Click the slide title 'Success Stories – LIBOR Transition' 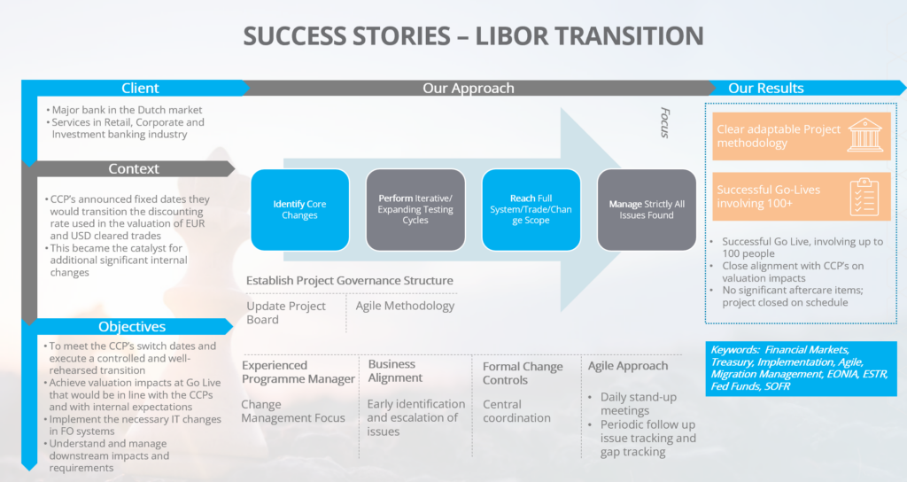[x=473, y=35]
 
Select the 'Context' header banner [x=133, y=169]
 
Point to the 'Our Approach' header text [x=468, y=88]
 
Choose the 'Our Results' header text [x=766, y=88]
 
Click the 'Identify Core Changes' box [x=299, y=209]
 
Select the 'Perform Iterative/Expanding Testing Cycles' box [x=415, y=209]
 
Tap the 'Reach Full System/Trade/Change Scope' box [x=531, y=209]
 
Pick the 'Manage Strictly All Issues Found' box [x=647, y=209]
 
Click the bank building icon [x=864, y=135]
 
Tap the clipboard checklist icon [x=864, y=197]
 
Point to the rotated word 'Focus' [x=665, y=122]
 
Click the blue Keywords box [x=801, y=369]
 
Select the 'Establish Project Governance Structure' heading [x=349, y=281]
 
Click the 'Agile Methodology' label [x=405, y=306]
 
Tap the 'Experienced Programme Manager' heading [x=298, y=372]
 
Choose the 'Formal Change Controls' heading [x=523, y=373]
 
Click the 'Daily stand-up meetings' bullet [x=638, y=404]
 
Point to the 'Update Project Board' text [x=286, y=313]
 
